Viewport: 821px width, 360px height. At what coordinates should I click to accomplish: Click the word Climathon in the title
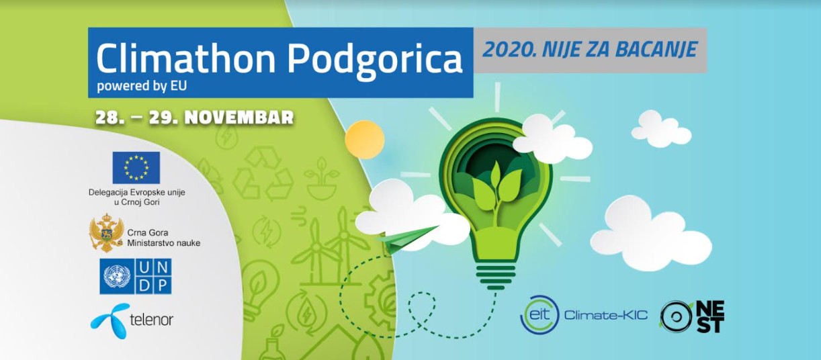(x=186, y=58)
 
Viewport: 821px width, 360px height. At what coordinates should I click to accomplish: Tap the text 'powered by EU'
(x=142, y=87)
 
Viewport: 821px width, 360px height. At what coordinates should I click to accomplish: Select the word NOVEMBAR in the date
(x=239, y=118)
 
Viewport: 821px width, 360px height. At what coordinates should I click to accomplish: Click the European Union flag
(x=136, y=167)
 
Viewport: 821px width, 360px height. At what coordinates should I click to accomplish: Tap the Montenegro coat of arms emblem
(x=106, y=233)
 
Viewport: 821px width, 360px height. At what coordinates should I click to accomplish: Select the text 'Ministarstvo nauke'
(x=163, y=243)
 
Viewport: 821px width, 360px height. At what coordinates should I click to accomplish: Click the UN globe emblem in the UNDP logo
(x=117, y=276)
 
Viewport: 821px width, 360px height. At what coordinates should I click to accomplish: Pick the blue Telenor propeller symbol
(x=110, y=321)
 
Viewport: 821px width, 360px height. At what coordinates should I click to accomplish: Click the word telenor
(x=151, y=320)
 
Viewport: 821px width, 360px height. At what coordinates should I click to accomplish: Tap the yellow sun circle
(x=364, y=140)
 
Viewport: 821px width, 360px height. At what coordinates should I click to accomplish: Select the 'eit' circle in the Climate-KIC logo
(x=539, y=315)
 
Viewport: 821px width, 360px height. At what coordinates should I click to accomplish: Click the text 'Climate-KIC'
(x=605, y=315)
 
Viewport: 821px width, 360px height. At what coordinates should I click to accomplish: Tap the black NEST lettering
(x=710, y=317)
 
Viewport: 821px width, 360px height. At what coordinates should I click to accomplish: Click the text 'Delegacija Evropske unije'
(x=136, y=192)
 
